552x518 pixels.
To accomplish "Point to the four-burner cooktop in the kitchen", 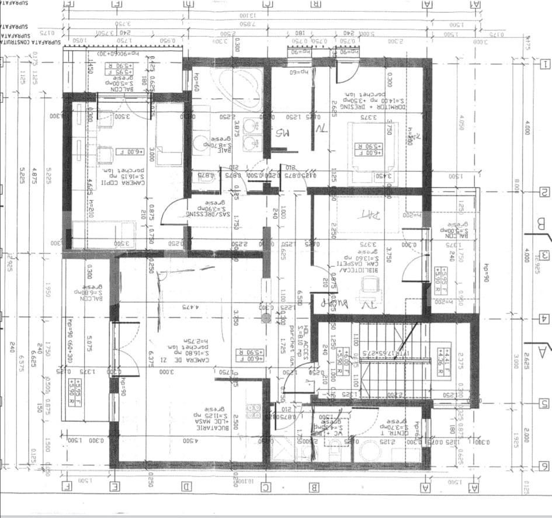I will pos(254,411).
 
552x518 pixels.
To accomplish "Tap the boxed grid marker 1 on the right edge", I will pos(545,65).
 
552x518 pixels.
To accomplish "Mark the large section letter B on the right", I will pos(540,223).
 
